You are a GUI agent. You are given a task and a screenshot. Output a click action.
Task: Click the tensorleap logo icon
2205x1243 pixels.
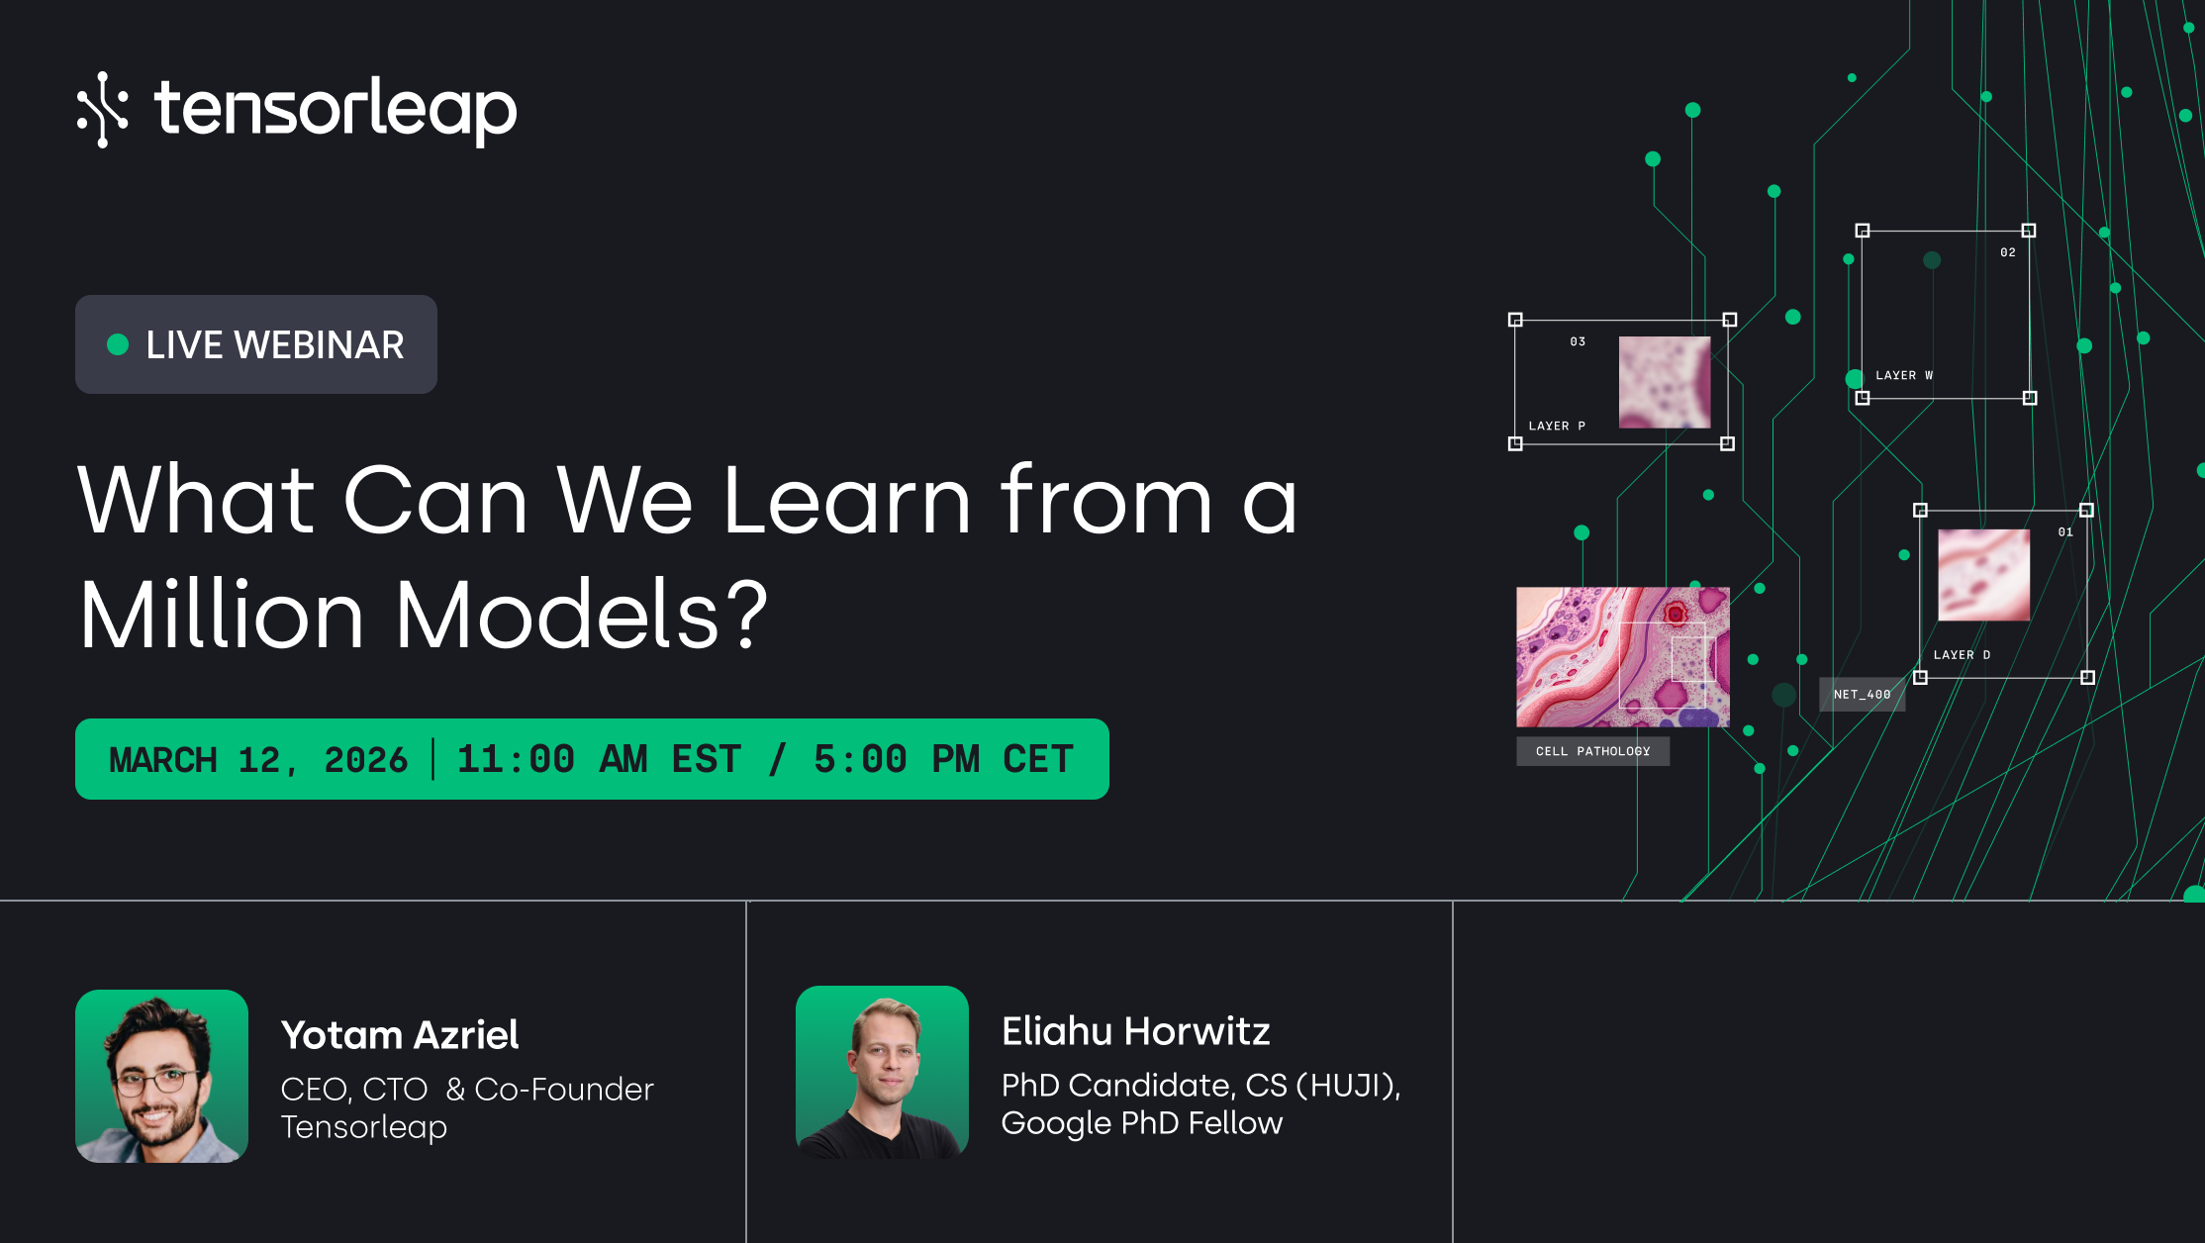103,109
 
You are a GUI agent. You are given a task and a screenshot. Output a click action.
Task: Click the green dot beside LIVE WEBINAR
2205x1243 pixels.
118,344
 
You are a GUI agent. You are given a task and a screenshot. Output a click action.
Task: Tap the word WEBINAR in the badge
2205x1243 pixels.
319,344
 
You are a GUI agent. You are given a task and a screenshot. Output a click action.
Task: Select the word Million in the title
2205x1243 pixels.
222,615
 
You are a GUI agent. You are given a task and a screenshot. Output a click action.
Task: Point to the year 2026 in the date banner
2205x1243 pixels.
365,760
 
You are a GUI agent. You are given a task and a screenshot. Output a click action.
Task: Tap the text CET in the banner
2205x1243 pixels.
1037,760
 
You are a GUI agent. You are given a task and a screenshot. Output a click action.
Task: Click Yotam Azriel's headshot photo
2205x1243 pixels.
161,1076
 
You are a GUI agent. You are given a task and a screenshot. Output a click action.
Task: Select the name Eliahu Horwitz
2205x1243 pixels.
1135,1031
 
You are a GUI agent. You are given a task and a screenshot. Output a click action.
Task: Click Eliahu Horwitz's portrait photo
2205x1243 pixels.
882,1072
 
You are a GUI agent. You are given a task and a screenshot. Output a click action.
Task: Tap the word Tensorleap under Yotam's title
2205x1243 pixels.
363,1127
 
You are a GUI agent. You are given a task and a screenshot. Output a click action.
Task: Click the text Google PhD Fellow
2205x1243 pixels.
1141,1123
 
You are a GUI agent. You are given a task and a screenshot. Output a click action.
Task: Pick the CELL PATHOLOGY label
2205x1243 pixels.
1592,751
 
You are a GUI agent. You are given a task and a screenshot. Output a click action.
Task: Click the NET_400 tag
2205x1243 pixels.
1862,695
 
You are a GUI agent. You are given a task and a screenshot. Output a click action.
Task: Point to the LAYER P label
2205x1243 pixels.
1557,427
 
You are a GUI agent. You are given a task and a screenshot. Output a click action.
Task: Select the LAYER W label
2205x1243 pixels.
1904,376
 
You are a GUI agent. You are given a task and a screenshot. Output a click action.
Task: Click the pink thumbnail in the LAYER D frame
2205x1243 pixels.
1983,575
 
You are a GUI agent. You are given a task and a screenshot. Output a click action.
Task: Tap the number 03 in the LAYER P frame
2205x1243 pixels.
1578,342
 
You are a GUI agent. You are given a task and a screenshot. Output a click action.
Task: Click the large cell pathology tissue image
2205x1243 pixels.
1622,657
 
